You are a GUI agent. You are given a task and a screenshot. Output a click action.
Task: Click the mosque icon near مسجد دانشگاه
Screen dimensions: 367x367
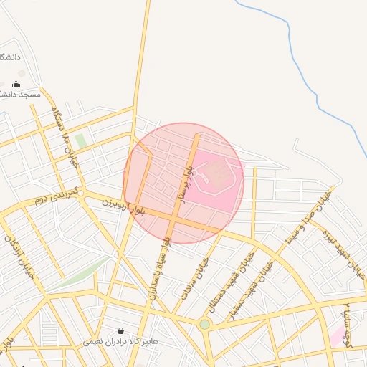point(16,85)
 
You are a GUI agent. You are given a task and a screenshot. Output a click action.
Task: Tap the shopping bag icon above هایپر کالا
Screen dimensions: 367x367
point(120,330)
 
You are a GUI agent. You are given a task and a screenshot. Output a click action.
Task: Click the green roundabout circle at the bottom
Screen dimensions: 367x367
point(205,325)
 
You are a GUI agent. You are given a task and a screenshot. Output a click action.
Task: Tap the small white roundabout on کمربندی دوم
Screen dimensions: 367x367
point(81,193)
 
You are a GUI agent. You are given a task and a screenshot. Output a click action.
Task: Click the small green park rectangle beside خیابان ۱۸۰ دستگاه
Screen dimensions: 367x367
point(81,140)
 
